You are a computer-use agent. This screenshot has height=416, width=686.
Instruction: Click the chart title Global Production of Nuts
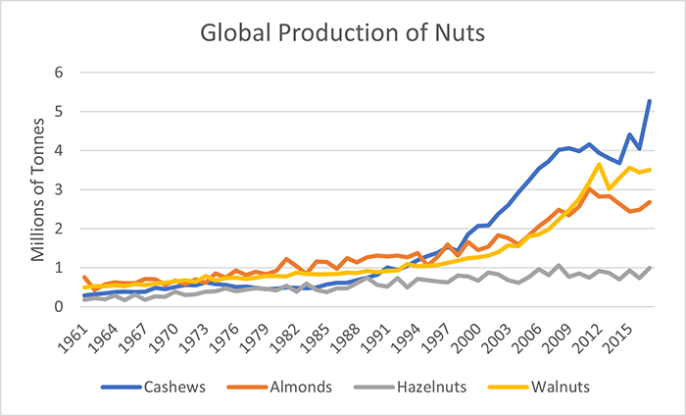[342, 32]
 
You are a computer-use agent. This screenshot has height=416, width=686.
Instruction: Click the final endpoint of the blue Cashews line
[650, 101]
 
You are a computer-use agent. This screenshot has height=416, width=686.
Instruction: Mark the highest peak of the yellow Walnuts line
[599, 164]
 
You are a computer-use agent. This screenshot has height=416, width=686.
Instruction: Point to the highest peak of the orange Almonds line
[588, 188]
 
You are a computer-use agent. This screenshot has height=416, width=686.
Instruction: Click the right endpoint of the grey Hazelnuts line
[650, 267]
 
